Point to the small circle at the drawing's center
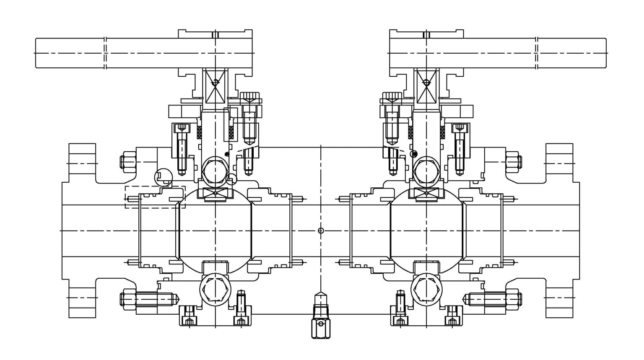(x=321, y=231)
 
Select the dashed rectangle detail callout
(x=155, y=197)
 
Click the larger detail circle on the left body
(x=163, y=176)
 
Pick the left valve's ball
(x=215, y=231)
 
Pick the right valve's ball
(x=426, y=231)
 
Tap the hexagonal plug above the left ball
(x=215, y=171)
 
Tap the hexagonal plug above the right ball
(x=426, y=171)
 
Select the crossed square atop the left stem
(x=215, y=86)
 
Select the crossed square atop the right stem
(x=426, y=86)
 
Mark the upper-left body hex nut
(x=128, y=161)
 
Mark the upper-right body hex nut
(x=514, y=161)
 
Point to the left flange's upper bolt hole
(x=82, y=163)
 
